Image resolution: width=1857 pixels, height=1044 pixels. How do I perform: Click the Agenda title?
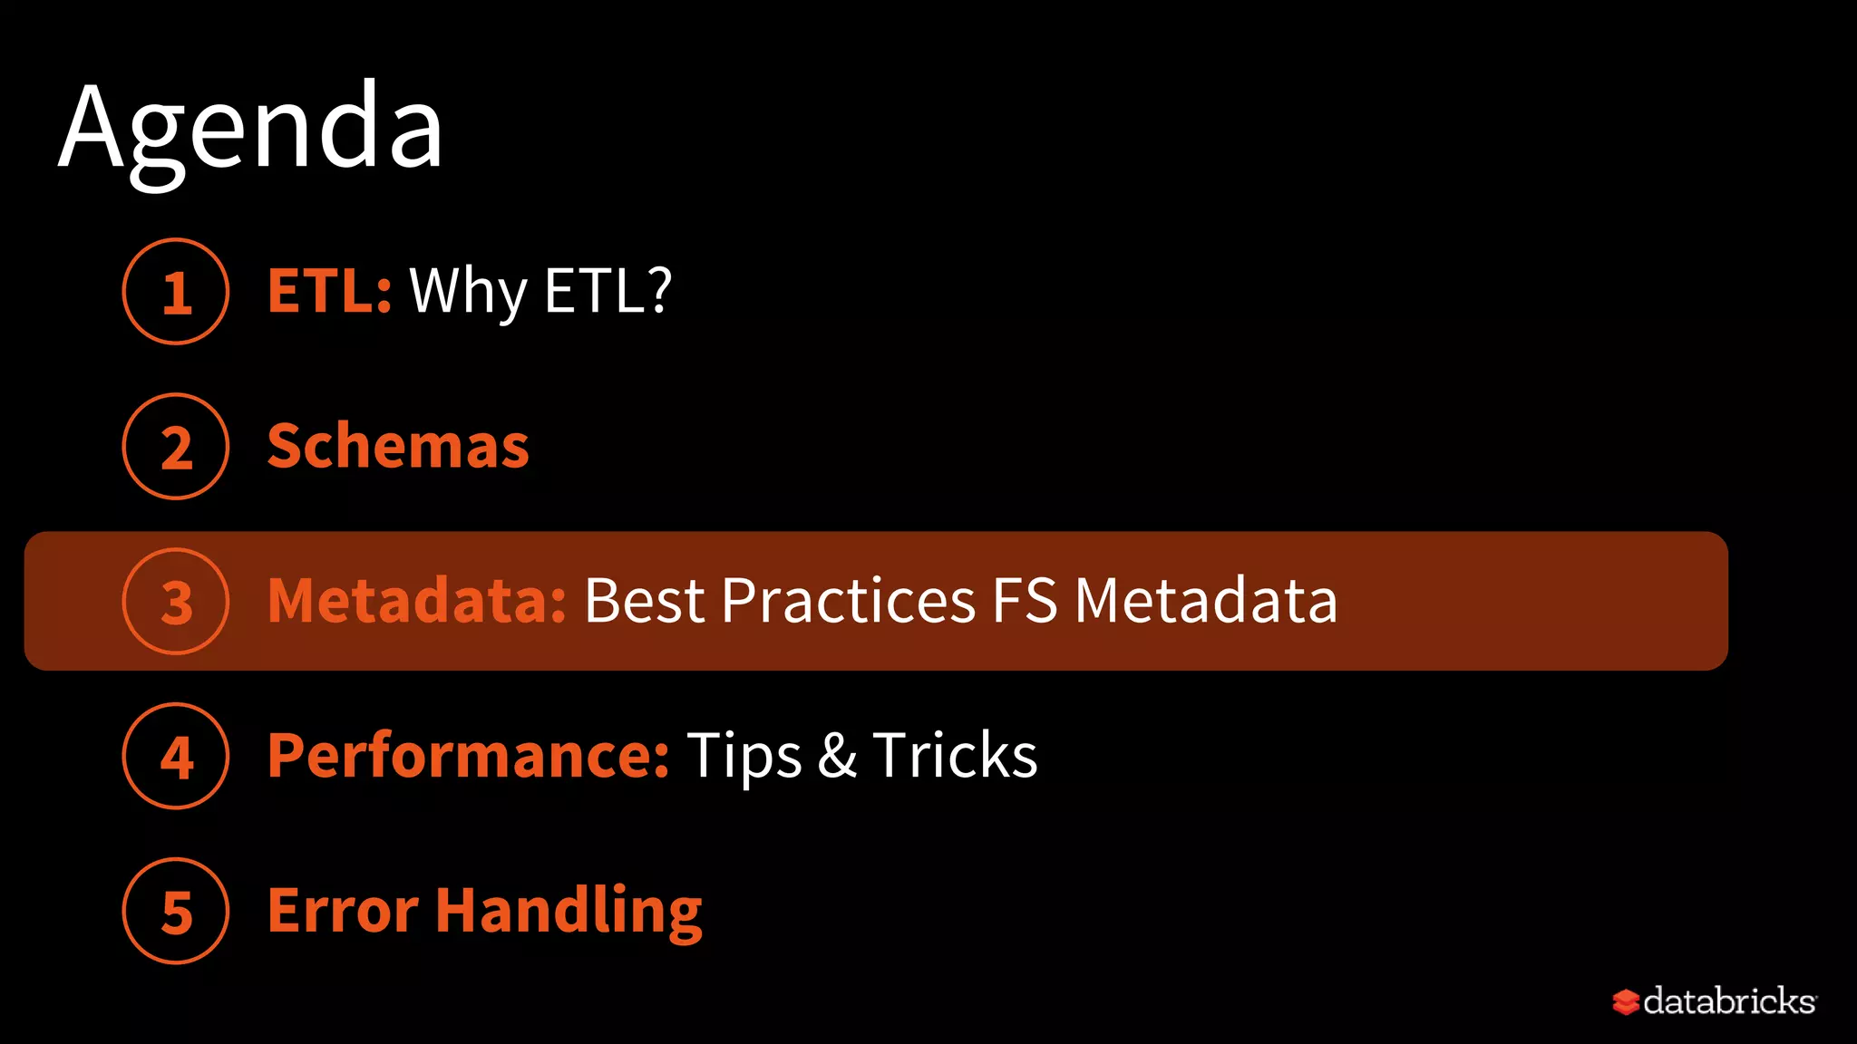tap(251, 129)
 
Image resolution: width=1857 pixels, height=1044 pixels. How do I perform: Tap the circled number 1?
tap(176, 292)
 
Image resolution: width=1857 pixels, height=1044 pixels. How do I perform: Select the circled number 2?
tap(176, 447)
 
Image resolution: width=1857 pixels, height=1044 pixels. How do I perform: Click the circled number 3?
tap(176, 602)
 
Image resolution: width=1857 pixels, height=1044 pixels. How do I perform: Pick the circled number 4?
tap(176, 757)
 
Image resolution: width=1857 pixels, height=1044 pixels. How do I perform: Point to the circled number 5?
tap(176, 912)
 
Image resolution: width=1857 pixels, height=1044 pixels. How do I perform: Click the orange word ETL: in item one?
tap(329, 291)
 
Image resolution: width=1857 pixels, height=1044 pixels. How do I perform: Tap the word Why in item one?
tap(468, 293)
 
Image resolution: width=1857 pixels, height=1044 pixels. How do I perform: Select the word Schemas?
tap(398, 446)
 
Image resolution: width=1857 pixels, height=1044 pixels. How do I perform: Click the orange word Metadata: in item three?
tap(417, 601)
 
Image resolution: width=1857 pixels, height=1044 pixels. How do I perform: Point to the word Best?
tap(645, 601)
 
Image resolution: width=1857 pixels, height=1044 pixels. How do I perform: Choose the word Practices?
tap(849, 601)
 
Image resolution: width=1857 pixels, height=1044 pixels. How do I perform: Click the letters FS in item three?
tap(1025, 601)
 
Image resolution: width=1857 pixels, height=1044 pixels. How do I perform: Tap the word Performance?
tap(469, 757)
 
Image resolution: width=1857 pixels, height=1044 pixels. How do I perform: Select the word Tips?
tap(744, 757)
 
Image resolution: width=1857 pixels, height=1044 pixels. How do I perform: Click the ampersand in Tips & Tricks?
tap(837, 756)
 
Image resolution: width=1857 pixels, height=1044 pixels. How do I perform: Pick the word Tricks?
tap(955, 756)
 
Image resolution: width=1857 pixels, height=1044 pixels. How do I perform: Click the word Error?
tap(343, 911)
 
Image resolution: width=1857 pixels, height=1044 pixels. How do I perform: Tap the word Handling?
tap(569, 912)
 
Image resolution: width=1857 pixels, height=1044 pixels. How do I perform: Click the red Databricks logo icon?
tap(1626, 1001)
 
